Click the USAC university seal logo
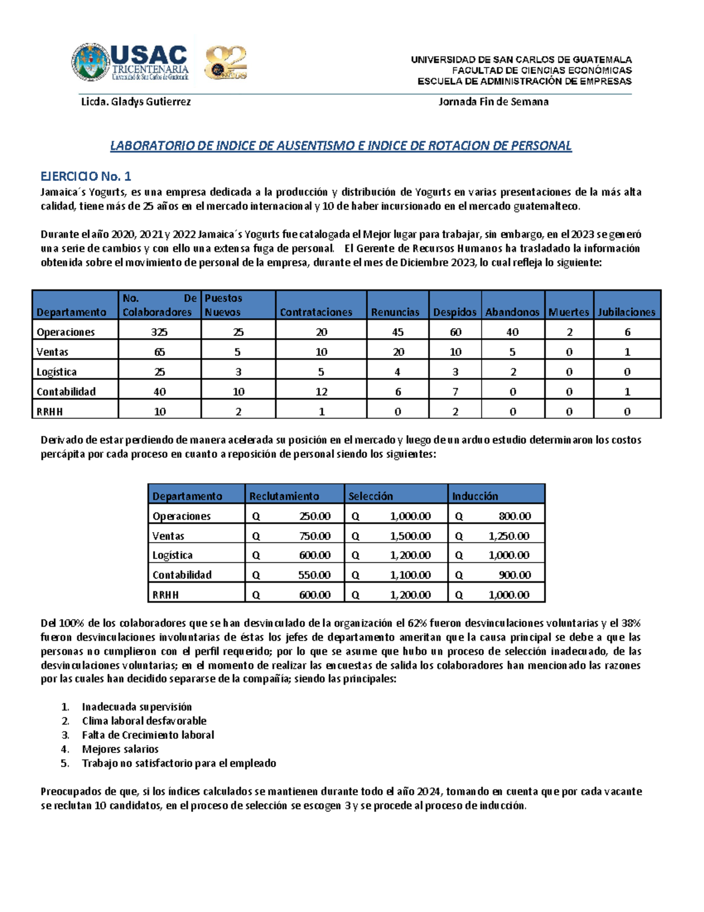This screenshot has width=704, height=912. click(91, 62)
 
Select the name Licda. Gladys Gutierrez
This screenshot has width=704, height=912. click(136, 102)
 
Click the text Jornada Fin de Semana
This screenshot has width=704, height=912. click(493, 102)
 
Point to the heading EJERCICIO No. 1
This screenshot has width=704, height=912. click(86, 176)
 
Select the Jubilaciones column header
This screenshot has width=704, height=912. click(627, 312)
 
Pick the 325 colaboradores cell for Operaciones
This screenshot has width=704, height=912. click(159, 332)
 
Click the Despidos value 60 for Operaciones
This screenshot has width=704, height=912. click(455, 332)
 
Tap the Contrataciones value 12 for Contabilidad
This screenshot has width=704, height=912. click(321, 392)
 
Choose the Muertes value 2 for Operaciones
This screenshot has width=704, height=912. click(569, 332)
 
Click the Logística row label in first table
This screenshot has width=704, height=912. click(56, 372)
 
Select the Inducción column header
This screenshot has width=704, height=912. click(475, 496)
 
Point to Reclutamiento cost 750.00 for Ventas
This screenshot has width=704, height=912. click(314, 536)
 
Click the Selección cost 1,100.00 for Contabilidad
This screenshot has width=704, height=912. click(410, 575)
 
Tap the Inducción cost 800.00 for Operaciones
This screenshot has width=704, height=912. click(515, 516)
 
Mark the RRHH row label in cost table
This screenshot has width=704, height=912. click(165, 595)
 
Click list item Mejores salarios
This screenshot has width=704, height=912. click(120, 749)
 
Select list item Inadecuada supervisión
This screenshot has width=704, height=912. click(137, 706)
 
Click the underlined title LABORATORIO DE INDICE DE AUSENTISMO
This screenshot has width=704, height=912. click(341, 146)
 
